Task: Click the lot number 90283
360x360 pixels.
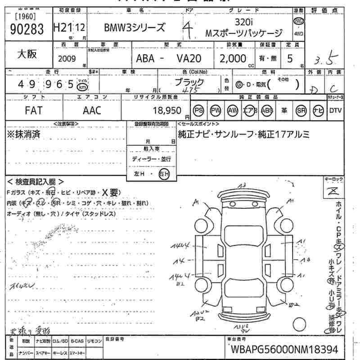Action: point(27,29)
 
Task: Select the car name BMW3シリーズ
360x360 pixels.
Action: point(135,28)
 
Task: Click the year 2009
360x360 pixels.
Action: point(67,58)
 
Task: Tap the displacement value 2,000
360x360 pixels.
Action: point(233,58)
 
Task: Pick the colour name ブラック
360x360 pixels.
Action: point(189,82)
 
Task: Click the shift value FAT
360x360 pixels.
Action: point(34,110)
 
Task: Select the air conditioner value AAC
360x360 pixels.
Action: point(92,110)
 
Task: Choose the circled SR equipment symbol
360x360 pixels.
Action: point(300,110)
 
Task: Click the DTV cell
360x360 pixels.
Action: point(335,110)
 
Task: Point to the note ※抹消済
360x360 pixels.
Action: point(24,134)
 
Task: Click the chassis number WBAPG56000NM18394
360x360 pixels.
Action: point(284,350)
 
